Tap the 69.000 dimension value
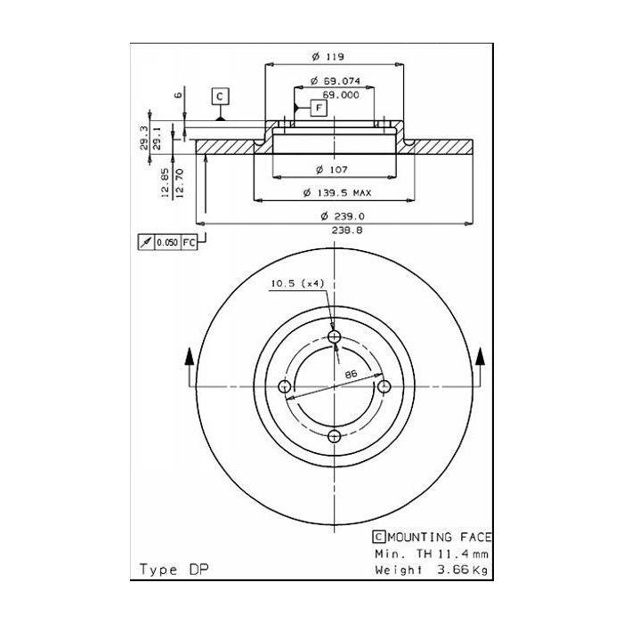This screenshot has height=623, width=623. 340,93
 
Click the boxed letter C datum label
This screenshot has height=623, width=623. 220,95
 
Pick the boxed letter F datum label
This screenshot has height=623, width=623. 318,108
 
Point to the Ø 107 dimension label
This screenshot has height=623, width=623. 331,169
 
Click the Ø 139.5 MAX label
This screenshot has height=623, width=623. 337,192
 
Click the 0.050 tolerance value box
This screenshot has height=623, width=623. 166,242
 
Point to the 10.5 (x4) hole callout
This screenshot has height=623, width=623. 296,283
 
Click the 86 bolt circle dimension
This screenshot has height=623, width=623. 351,375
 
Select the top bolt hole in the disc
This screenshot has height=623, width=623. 335,336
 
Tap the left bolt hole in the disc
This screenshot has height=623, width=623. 285,386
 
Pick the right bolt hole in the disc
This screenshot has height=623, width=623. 384,386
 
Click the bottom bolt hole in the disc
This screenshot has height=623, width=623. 335,436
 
